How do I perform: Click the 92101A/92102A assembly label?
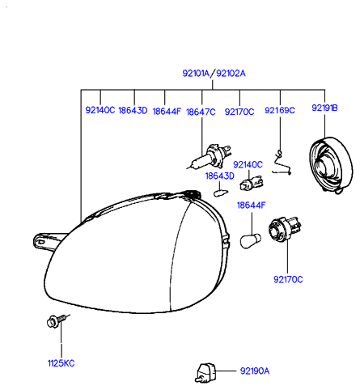(214, 74)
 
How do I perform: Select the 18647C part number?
(201, 112)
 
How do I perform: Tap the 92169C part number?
(280, 110)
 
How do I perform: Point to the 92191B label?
(324, 108)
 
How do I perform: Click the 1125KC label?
(61, 363)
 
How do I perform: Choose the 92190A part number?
(255, 371)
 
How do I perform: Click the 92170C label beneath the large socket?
(288, 279)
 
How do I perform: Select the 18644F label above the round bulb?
(251, 206)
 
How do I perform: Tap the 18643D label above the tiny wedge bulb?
(220, 176)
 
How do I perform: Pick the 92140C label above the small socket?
(248, 164)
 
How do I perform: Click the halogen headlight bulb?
(210, 157)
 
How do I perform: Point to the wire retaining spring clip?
(282, 163)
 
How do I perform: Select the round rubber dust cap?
(331, 165)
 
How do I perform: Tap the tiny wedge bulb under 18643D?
(221, 193)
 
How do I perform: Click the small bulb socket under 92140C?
(251, 183)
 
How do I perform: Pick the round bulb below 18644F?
(251, 240)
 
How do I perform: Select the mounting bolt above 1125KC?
(57, 320)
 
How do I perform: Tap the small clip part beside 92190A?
(205, 373)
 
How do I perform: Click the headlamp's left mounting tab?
(46, 242)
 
